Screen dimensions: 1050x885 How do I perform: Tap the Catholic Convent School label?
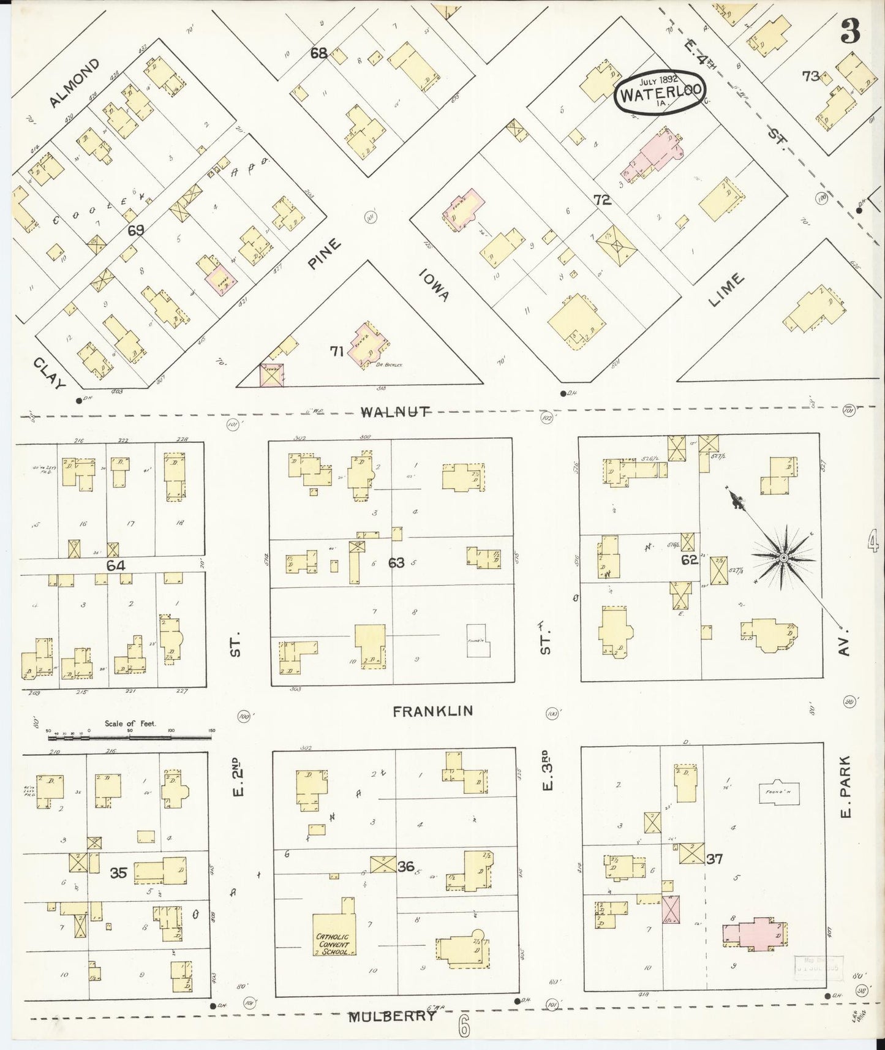tap(333, 944)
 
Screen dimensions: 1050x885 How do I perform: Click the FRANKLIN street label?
tap(432, 711)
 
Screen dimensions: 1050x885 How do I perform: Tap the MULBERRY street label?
tap(393, 1016)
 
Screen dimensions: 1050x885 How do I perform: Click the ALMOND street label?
tap(73, 83)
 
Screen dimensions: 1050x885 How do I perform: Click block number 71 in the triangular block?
tap(336, 351)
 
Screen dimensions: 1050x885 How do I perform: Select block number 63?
tap(396, 562)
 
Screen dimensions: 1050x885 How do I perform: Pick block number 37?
tap(714, 859)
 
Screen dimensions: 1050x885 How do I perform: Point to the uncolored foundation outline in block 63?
tap(478, 641)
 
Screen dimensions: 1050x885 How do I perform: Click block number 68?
tap(318, 53)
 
